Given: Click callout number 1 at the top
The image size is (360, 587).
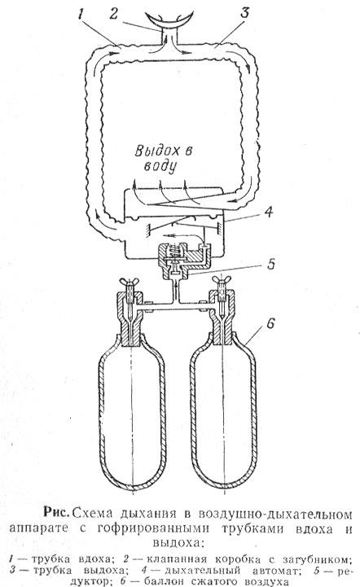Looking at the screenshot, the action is point(81,14).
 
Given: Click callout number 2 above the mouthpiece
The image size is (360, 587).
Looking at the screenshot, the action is point(114,13).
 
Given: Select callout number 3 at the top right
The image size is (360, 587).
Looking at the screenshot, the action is point(244,12).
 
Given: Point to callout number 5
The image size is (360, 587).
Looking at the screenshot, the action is point(270,265).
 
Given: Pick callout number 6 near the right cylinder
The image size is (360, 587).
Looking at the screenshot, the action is point(271,323).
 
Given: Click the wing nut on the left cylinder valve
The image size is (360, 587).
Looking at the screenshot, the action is point(130,281).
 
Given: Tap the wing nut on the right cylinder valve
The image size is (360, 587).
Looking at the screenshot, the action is point(222,279).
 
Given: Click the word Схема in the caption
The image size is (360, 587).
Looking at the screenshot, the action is point(93,512).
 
